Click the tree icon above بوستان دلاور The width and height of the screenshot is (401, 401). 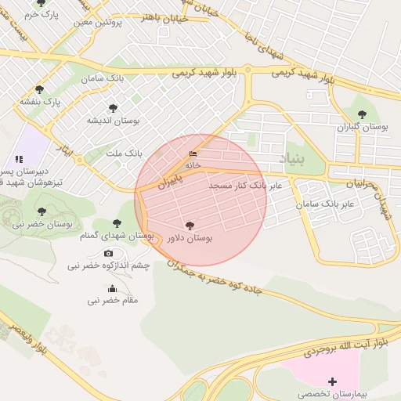coord(190,224)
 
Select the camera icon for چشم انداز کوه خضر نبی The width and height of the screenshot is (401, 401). coord(108,252)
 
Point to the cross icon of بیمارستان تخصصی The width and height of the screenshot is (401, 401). coord(333,381)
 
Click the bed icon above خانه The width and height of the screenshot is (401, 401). coord(193,154)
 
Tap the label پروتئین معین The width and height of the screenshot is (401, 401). coord(99,23)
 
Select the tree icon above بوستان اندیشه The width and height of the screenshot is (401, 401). coord(113,107)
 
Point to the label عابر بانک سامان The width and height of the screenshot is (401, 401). coord(325,204)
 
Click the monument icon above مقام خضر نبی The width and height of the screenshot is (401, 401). coord(113,287)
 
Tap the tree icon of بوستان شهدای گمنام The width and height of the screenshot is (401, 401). coord(117,223)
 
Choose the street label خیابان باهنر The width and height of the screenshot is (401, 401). coord(165,18)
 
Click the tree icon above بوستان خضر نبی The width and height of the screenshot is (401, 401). coord(41,211)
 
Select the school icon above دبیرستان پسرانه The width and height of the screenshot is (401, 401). coord(19,159)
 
